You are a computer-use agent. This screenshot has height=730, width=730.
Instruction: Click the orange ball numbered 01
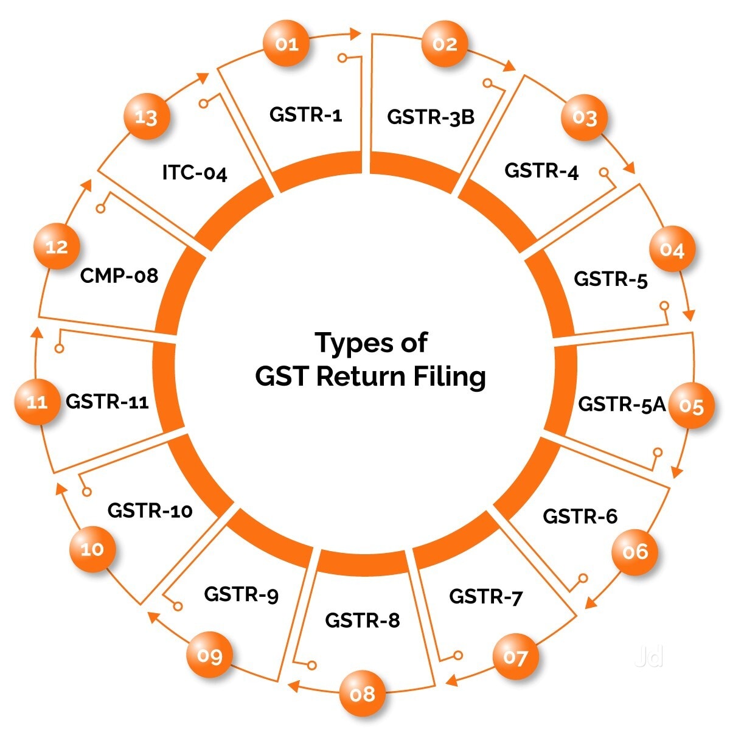point(286,43)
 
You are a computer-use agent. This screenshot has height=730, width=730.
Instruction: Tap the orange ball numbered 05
point(691,406)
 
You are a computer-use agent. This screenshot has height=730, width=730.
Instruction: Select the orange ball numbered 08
point(362,693)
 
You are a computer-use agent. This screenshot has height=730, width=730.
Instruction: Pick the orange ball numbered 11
point(38,401)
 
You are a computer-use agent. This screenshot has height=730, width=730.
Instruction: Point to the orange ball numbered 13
point(147,116)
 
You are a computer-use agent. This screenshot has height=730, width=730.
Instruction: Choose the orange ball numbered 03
point(584,117)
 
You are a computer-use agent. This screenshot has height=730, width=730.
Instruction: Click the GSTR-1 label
point(306,114)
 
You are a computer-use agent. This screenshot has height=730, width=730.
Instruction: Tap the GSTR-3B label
point(430,117)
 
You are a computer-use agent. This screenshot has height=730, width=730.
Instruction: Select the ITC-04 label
point(195,173)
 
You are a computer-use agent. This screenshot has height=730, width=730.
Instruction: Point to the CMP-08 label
point(119,276)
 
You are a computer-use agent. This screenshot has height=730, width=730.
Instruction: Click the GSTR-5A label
point(622,404)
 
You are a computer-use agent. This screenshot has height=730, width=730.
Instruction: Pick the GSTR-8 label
point(363,620)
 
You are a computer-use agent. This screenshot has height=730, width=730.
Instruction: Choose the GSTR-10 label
point(150,510)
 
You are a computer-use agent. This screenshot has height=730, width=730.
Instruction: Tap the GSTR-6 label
point(580,516)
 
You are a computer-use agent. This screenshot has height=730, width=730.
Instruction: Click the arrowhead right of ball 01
point(355,33)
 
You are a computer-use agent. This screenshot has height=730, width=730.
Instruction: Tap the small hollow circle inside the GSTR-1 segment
point(342,58)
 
